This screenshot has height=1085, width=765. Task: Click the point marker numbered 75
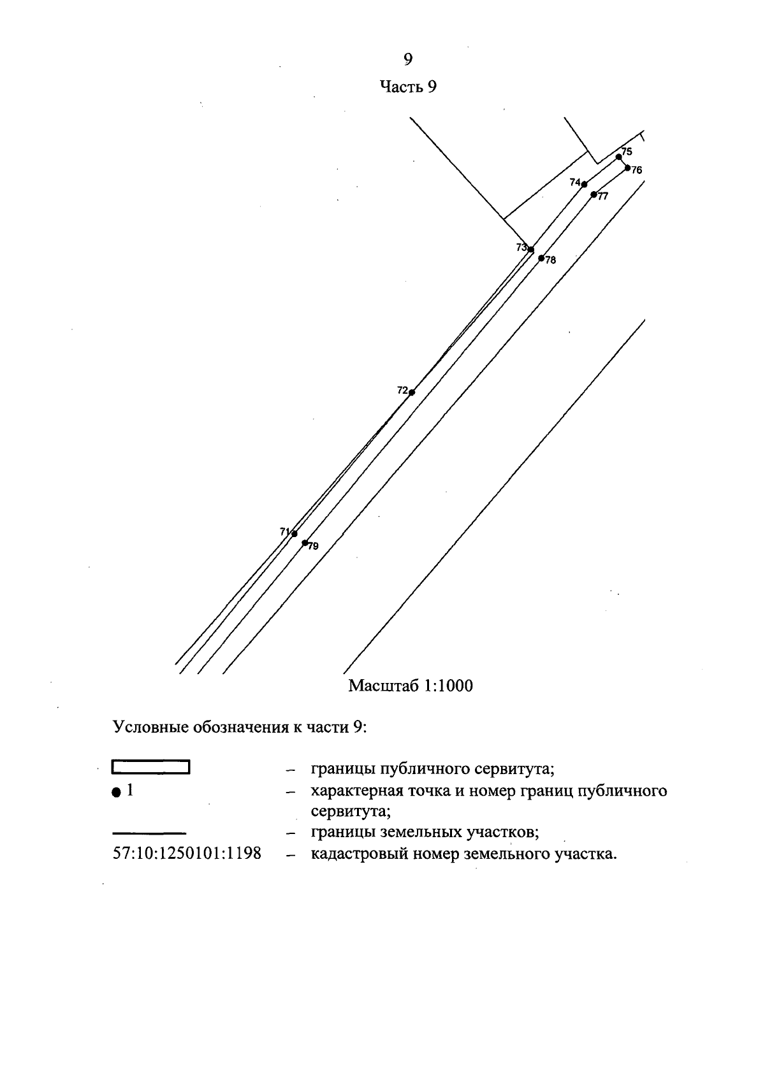click(x=618, y=157)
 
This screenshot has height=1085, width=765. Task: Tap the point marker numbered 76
click(x=627, y=168)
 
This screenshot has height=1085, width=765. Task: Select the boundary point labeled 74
click(x=584, y=184)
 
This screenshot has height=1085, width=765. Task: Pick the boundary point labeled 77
click(x=594, y=194)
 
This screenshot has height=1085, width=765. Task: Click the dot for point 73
click(x=531, y=249)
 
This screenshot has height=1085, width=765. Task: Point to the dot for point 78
click(x=541, y=258)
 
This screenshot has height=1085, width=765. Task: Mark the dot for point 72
click(x=412, y=392)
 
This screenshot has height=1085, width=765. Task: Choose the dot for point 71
click(x=294, y=533)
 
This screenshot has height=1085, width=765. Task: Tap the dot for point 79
click(x=305, y=543)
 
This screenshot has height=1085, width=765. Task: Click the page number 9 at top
click(x=408, y=59)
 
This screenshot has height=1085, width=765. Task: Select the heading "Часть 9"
click(x=408, y=87)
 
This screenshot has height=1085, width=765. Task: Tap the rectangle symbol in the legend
click(x=151, y=766)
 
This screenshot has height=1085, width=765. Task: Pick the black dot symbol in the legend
click(x=115, y=793)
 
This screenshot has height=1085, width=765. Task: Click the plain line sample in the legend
click(x=149, y=833)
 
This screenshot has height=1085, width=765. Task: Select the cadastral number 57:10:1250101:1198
click(x=187, y=854)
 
